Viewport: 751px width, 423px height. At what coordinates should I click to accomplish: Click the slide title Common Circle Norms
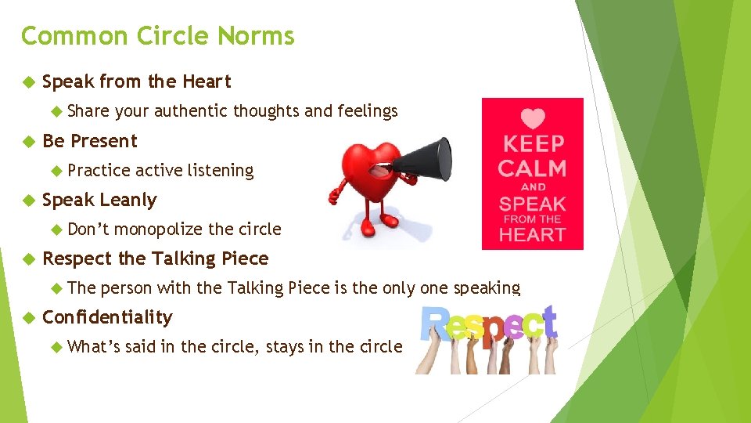[157, 36]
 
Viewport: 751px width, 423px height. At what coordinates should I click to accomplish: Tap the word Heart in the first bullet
[207, 81]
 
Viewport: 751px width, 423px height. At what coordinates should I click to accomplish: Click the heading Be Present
[89, 141]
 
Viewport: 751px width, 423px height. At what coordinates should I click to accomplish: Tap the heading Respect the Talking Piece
[155, 258]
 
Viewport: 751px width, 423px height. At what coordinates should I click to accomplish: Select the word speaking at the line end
[485, 287]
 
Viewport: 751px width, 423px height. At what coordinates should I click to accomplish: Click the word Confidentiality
[107, 317]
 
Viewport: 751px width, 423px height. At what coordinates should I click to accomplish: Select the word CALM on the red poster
[532, 168]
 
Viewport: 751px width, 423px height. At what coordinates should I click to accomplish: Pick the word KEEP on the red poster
[532, 144]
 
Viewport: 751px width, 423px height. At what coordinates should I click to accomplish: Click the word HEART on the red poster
[532, 234]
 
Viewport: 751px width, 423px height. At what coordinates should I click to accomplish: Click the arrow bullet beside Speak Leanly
[29, 200]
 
